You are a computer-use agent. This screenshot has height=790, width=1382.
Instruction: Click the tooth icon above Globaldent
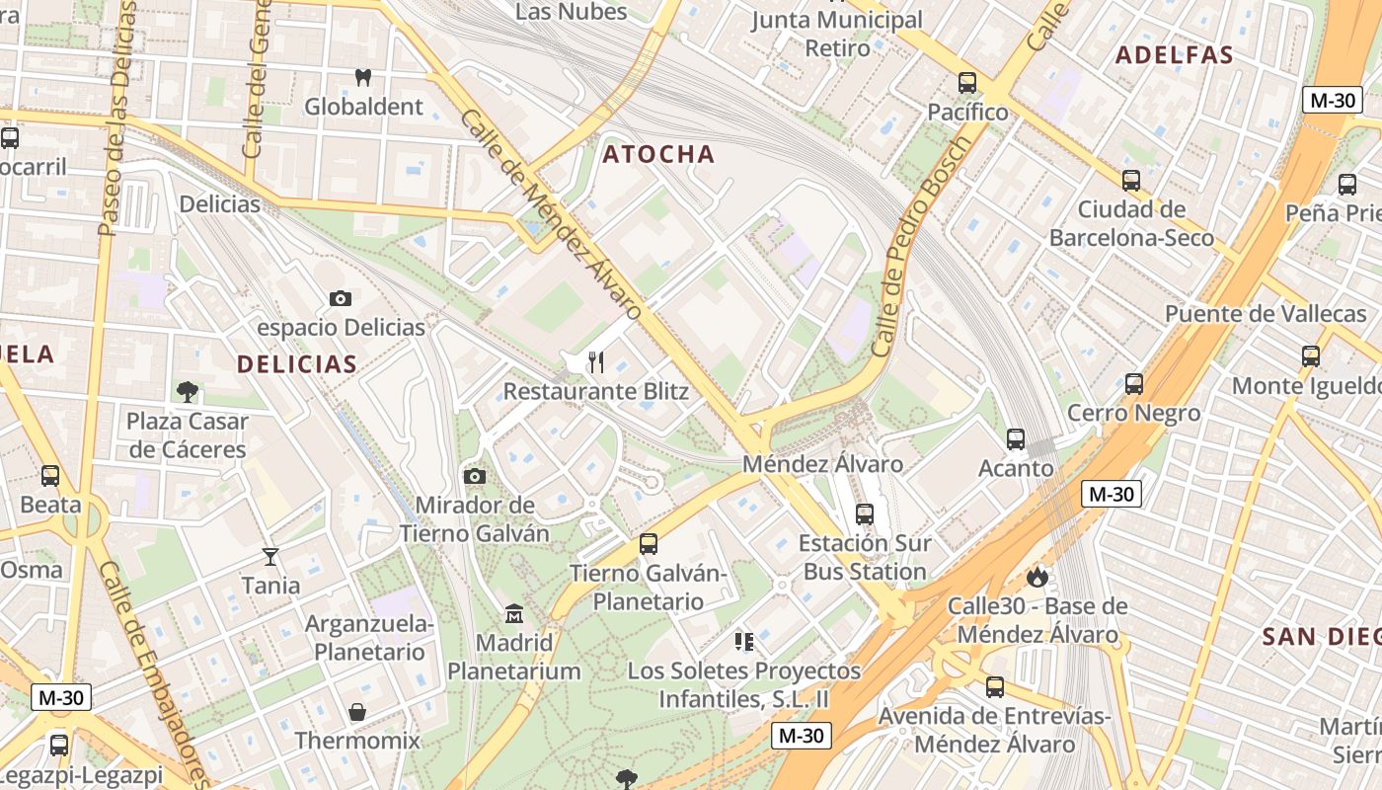(x=362, y=77)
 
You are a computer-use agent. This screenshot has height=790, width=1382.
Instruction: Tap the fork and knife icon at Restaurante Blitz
(x=595, y=362)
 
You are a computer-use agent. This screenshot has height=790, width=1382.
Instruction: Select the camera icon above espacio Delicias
(x=340, y=298)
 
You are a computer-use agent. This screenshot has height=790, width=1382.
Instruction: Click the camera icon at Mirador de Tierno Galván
(x=474, y=477)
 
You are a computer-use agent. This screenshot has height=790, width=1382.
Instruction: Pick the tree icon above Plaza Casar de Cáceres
(x=187, y=392)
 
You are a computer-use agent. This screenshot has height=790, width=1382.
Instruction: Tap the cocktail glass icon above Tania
(x=270, y=557)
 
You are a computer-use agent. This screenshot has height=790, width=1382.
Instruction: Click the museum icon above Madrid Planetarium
(x=513, y=614)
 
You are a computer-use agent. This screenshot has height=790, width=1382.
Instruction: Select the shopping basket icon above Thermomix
(x=357, y=712)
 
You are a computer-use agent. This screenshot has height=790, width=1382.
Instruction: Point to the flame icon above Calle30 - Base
(x=1036, y=576)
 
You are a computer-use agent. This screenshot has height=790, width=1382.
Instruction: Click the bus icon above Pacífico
(x=967, y=83)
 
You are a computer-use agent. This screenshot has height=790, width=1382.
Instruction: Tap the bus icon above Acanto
(x=1016, y=439)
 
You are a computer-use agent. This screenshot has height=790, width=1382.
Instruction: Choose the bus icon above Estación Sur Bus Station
(x=865, y=514)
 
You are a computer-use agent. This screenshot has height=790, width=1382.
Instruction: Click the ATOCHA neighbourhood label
(x=658, y=154)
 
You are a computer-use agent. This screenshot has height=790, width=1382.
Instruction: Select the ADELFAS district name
(x=1175, y=55)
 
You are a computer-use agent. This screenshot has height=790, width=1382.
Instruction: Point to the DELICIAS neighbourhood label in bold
(x=296, y=364)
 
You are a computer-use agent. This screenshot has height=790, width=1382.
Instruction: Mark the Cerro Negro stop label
(x=1134, y=413)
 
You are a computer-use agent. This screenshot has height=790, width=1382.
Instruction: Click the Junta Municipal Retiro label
(x=837, y=34)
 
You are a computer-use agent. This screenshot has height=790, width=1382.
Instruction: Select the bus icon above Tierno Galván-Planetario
(x=649, y=544)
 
